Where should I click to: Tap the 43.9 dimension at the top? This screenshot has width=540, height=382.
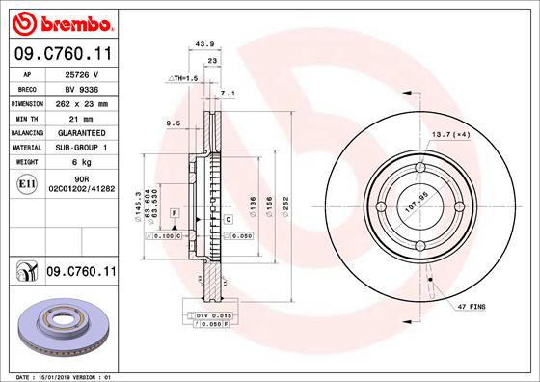click(x=203, y=43)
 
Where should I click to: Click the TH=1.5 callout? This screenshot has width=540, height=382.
click(x=182, y=77)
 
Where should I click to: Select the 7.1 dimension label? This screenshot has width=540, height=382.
click(x=228, y=94)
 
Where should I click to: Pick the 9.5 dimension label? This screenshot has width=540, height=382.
click(x=174, y=123)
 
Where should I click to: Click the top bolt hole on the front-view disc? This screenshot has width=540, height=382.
click(x=420, y=171)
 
